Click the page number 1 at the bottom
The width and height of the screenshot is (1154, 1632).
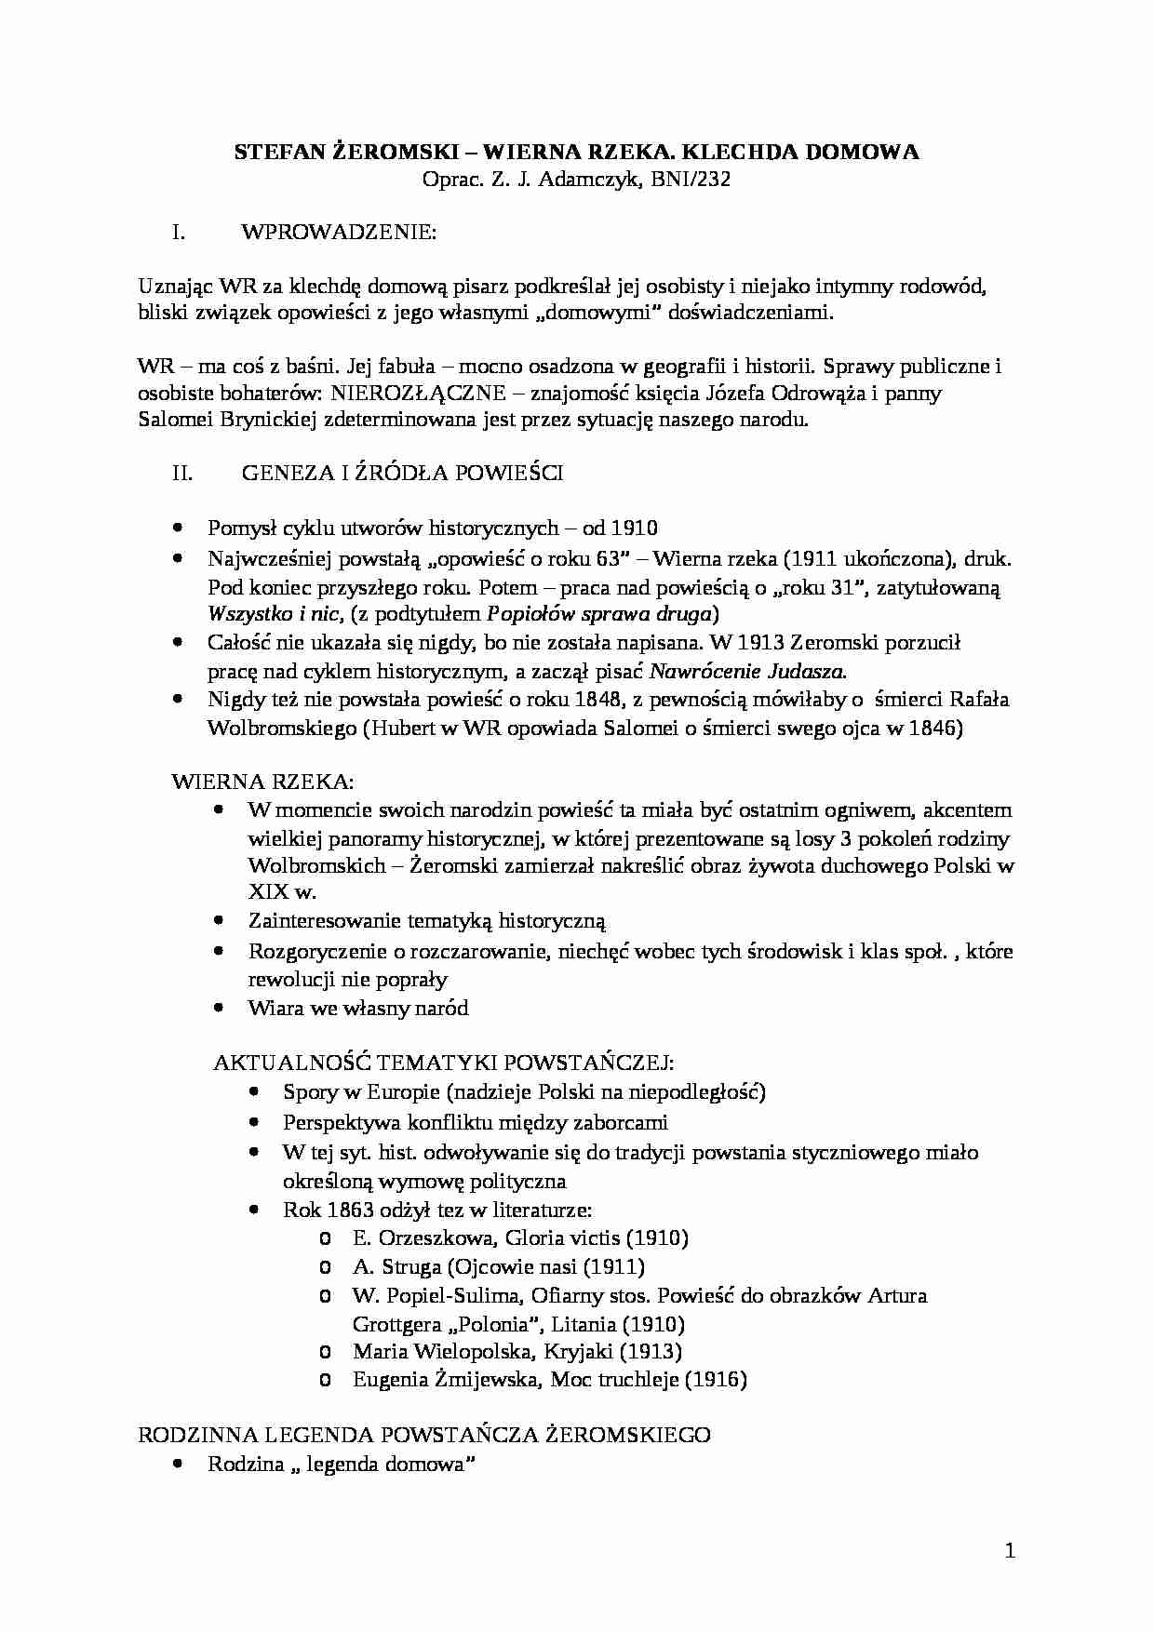point(1010,1551)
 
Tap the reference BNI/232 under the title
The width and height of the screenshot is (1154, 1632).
point(692,180)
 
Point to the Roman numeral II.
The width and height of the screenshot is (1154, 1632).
point(182,473)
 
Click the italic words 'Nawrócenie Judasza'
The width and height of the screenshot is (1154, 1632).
point(747,671)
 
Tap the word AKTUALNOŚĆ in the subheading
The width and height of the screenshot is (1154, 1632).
point(291,1063)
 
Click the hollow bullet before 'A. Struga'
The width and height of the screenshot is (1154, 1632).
point(325,1266)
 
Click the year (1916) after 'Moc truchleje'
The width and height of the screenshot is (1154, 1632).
point(716,1379)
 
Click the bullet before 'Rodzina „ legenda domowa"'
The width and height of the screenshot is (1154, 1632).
point(179,1463)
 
